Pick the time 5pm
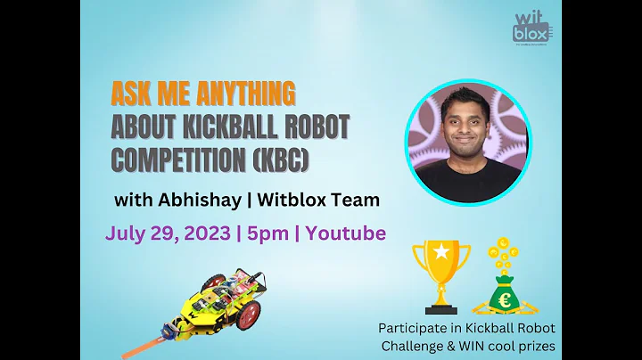269,233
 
